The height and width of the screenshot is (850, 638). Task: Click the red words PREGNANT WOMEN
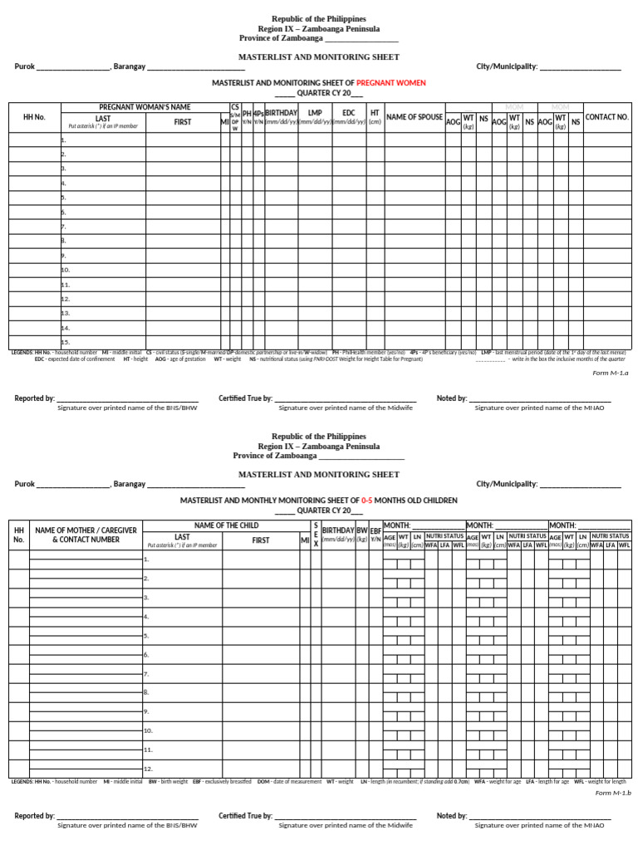tap(390, 83)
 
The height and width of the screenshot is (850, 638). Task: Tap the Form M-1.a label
tap(611, 374)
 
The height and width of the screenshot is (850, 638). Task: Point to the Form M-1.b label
tap(613, 793)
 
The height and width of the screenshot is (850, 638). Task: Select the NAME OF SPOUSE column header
tap(415, 117)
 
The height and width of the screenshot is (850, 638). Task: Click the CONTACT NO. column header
tap(607, 117)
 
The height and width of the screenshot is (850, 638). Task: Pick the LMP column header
tap(315, 112)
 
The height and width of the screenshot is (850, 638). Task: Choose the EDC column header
tap(349, 112)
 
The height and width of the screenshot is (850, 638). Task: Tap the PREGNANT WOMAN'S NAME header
tap(145, 107)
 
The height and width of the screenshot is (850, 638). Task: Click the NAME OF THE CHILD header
tap(226, 525)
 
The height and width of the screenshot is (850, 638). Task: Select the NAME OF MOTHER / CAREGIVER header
tap(76, 534)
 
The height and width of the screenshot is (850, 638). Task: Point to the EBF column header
tap(375, 530)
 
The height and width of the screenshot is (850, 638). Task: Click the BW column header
tap(361, 530)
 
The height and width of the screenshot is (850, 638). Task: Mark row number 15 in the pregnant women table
tap(66, 342)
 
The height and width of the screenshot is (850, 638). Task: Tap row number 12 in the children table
tap(148, 769)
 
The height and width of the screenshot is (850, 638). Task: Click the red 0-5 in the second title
tap(366, 501)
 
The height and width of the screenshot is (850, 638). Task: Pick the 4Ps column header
tap(258, 112)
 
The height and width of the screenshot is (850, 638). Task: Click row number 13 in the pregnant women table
tap(66, 313)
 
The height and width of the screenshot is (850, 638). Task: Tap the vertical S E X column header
tap(316, 534)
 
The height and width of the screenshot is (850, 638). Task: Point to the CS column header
tap(235, 106)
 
